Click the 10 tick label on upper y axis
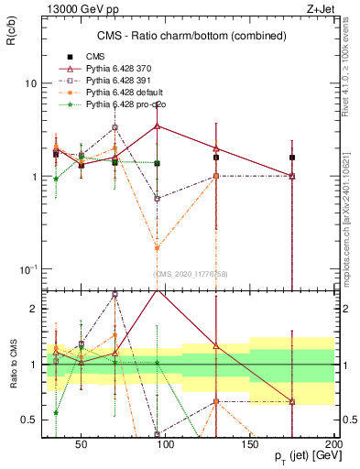click(x=29, y=82)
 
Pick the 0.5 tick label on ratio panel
click(x=27, y=420)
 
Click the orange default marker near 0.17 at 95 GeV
click(x=158, y=247)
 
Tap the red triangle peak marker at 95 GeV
click(x=158, y=125)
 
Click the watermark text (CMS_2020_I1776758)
click(x=191, y=274)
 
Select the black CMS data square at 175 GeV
click(x=292, y=158)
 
